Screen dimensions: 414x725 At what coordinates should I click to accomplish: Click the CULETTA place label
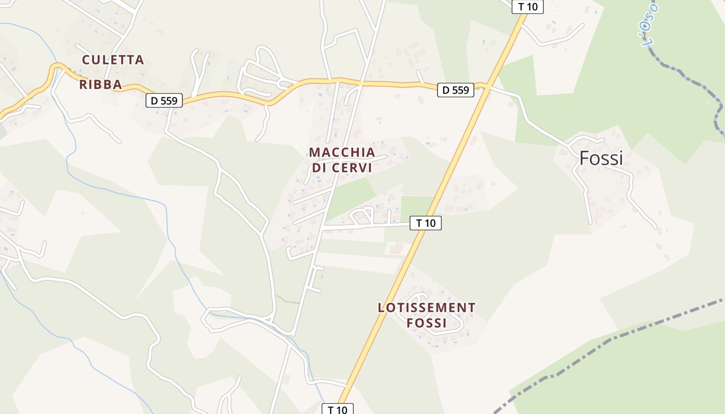point(113,60)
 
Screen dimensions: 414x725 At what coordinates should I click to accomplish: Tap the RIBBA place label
point(100,85)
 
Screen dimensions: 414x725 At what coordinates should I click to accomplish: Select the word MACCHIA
point(342,152)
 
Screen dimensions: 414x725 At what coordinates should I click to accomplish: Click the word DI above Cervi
point(319,168)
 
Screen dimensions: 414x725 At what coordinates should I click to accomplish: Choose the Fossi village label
point(601,158)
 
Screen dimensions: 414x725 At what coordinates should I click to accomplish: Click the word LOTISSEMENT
point(426,308)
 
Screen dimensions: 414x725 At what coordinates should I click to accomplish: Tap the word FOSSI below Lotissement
point(426,323)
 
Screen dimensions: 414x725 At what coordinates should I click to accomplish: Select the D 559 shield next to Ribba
point(165,100)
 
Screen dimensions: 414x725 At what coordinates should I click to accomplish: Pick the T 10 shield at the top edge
point(528,7)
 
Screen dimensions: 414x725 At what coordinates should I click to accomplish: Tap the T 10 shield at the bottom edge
point(338,409)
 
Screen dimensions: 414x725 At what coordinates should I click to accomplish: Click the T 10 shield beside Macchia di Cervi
point(426,223)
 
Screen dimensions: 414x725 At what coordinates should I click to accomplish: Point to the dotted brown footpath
point(288,300)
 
